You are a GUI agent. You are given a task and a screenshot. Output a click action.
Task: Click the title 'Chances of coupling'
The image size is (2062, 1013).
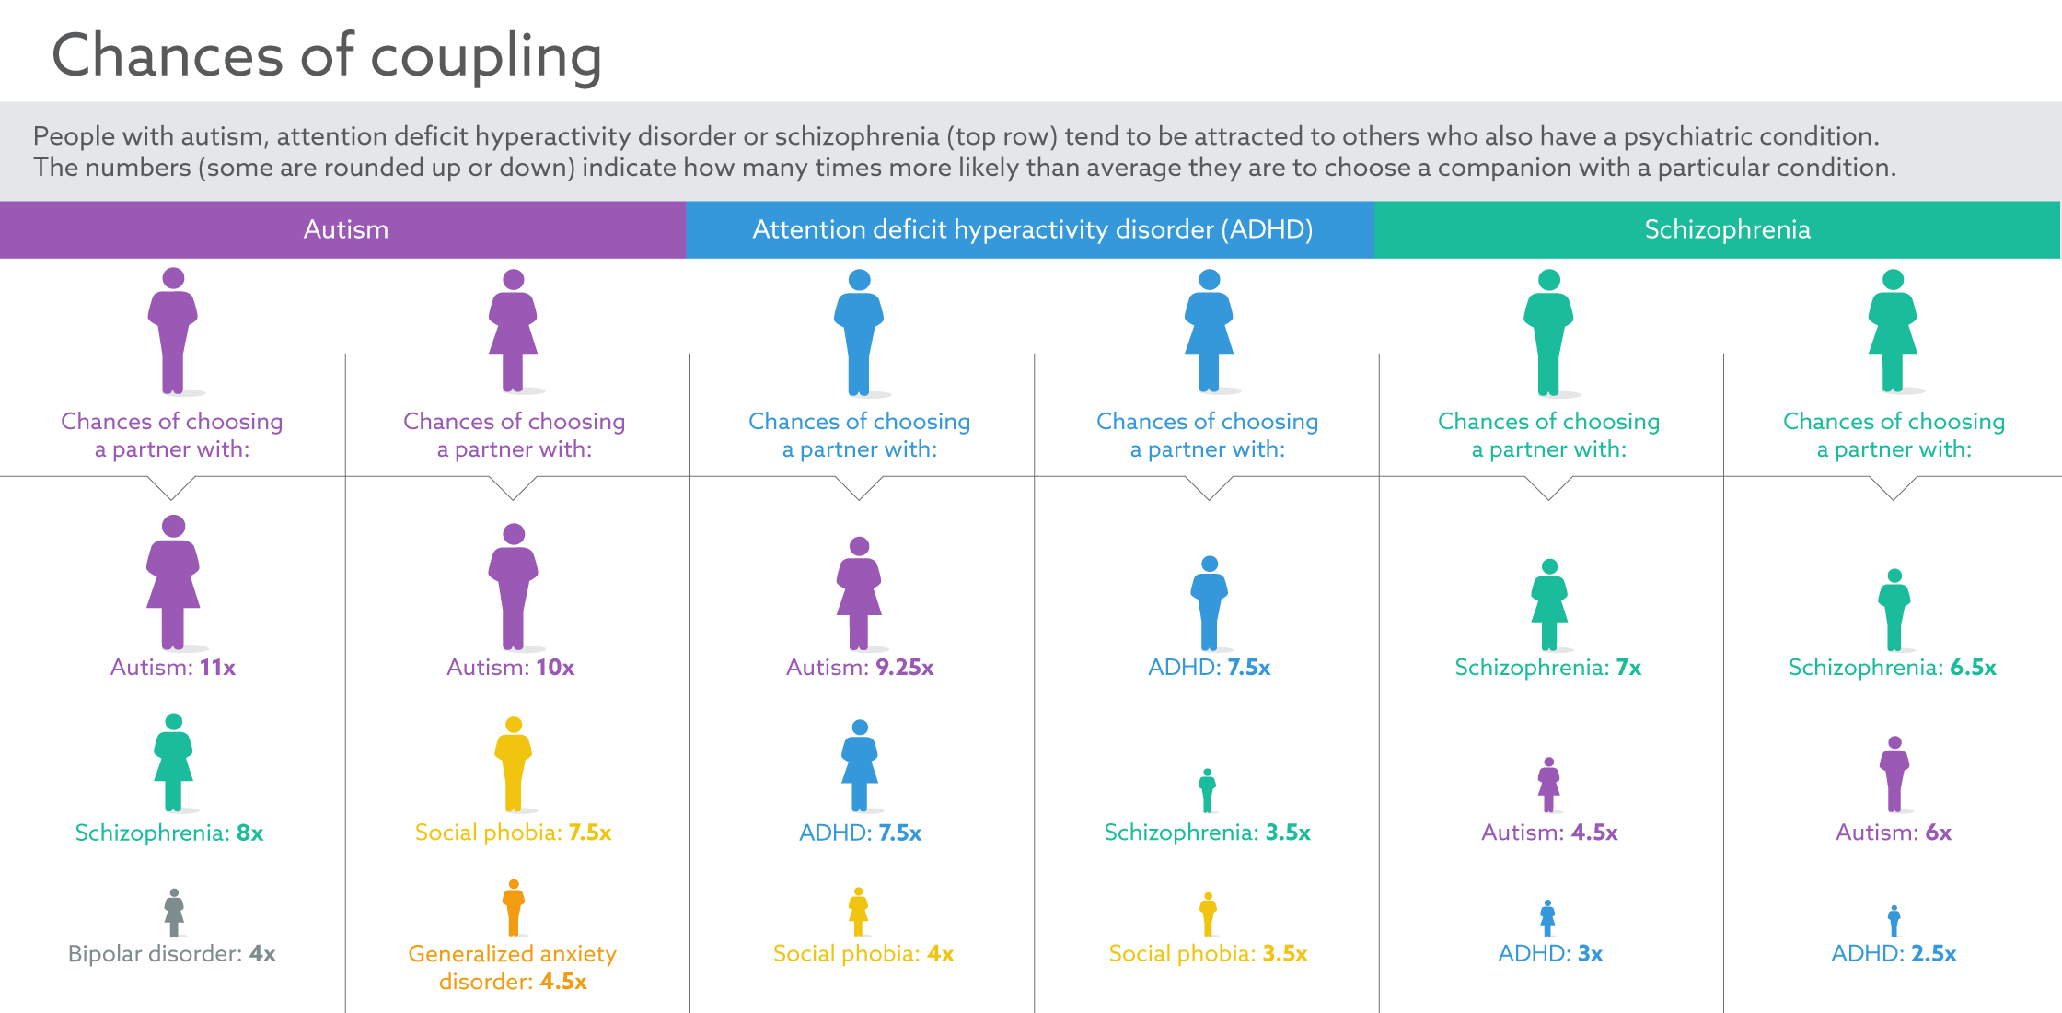[x=327, y=55]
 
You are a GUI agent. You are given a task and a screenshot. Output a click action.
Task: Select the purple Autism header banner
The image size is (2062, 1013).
[x=345, y=229]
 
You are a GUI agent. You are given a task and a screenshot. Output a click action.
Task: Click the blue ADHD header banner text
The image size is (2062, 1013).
[x=1032, y=229]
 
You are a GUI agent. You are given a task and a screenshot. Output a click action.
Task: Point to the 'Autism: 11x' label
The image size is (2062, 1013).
[x=173, y=667]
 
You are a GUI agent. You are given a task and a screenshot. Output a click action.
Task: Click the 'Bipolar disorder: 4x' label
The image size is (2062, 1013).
[x=172, y=953]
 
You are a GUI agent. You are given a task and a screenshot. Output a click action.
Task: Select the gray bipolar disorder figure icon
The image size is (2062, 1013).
[x=174, y=913]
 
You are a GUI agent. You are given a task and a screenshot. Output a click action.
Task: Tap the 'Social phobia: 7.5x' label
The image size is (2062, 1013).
[x=513, y=833]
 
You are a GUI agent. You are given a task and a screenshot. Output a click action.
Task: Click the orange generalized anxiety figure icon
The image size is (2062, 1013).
[x=514, y=907]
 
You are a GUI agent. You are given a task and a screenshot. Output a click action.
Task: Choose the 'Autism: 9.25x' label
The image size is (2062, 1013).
[x=860, y=667]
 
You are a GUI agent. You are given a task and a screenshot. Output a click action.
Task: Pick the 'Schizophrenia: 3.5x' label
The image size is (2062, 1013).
[x=1207, y=833]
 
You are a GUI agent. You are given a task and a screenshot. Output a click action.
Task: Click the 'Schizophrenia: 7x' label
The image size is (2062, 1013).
[x=1548, y=667]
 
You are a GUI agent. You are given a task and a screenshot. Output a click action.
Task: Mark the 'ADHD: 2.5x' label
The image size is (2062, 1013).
[x=1894, y=953]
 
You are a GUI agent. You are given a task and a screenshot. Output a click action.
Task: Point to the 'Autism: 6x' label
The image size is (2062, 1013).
[x=1894, y=833]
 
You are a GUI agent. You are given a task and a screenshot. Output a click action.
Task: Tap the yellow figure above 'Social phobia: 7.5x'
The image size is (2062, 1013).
[x=514, y=763]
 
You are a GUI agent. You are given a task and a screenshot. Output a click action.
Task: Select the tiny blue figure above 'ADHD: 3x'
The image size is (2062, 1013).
[x=1548, y=918]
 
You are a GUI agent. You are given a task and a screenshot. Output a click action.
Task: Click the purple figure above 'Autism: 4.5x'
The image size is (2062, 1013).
[x=1549, y=785]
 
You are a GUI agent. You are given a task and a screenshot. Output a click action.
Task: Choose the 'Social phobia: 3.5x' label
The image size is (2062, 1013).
[x=1208, y=953]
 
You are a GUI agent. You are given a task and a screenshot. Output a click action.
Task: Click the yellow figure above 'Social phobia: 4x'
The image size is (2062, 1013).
[x=859, y=912]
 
